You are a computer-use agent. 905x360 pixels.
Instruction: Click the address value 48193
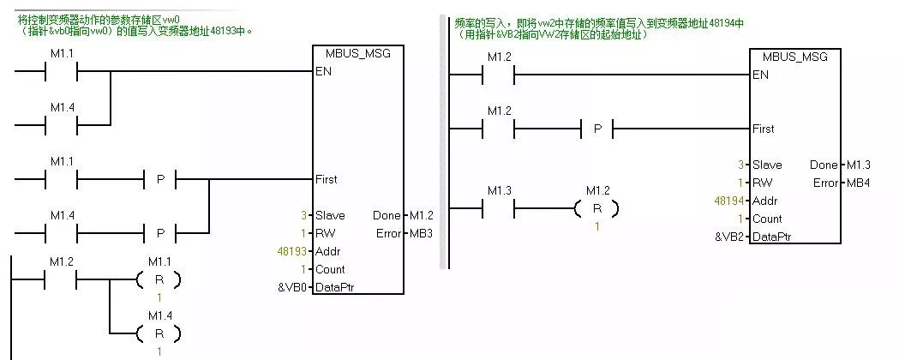(x=283, y=251)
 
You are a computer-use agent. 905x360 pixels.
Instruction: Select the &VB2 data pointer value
(x=730, y=237)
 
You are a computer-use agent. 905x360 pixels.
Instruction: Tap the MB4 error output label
(x=859, y=183)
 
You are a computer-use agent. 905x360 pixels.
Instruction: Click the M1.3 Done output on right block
(x=859, y=164)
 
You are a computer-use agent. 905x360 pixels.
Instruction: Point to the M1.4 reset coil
(x=159, y=333)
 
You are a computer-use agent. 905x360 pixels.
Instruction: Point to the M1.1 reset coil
(x=159, y=279)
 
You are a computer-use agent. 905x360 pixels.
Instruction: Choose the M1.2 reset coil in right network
(x=596, y=208)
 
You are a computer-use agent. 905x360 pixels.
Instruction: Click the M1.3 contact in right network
(x=498, y=208)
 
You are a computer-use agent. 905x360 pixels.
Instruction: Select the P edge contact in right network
(x=597, y=129)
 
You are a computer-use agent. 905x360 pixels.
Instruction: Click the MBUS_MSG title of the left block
(x=357, y=53)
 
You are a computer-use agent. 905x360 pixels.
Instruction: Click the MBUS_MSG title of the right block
(x=794, y=57)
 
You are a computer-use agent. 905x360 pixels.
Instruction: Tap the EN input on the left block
(x=323, y=71)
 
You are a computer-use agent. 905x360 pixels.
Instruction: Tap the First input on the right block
(x=763, y=129)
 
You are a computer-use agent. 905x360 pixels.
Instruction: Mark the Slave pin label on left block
(x=330, y=215)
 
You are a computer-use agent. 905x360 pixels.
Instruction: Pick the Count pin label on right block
(x=767, y=219)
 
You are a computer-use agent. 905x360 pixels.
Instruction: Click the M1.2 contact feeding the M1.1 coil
(x=61, y=279)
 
